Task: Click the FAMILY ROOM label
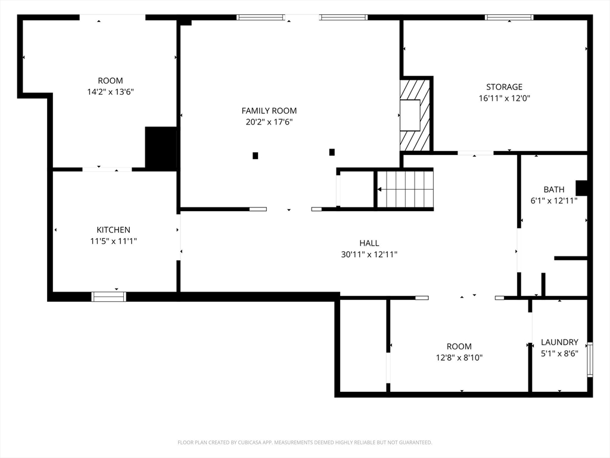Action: click(269, 110)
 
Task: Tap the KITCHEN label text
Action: click(114, 230)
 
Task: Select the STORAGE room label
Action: click(504, 87)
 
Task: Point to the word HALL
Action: click(369, 243)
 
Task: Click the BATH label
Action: click(554, 189)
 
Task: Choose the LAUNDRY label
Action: click(559, 342)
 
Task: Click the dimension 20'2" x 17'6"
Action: click(269, 122)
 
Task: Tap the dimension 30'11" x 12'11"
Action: click(369, 254)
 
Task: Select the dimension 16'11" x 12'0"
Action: click(504, 98)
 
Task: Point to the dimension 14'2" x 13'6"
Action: click(110, 92)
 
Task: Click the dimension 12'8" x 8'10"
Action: click(459, 358)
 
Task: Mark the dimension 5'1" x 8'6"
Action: click(559, 353)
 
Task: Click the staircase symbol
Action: click(405, 189)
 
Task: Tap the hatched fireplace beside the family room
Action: click(415, 115)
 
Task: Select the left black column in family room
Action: click(255, 156)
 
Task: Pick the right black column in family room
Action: click(332, 152)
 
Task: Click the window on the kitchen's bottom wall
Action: click(109, 296)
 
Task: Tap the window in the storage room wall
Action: click(509, 17)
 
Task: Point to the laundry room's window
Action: click(590, 360)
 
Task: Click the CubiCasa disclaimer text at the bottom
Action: click(304, 442)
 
